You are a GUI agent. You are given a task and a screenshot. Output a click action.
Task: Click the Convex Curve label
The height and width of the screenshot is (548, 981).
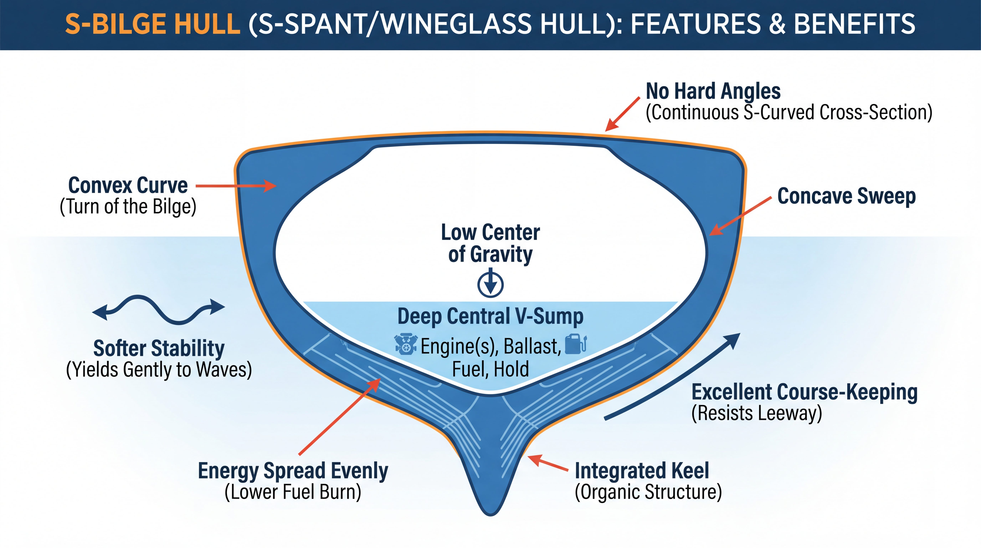[x=128, y=186]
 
